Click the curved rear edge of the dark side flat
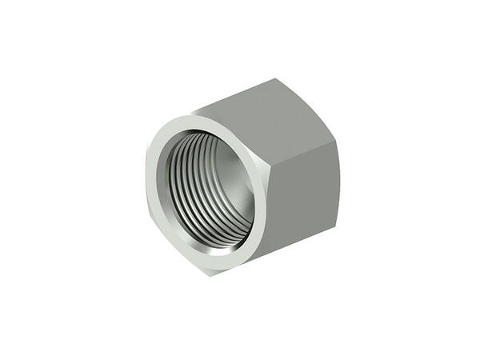[337, 192]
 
